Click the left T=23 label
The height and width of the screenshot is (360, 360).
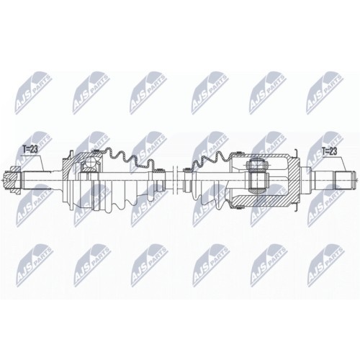pos(30,149)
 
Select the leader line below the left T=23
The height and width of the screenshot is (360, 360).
pos(40,160)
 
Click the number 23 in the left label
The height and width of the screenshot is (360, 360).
pos(34,149)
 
